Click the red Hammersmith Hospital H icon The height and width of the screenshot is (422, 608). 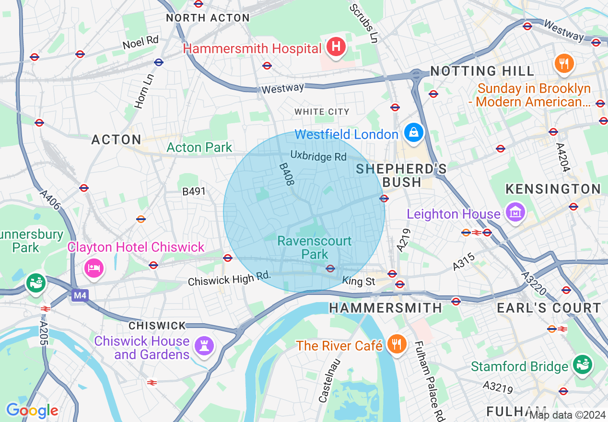point(336,47)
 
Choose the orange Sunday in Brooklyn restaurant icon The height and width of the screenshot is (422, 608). point(564,64)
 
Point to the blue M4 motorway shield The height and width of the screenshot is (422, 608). point(80,296)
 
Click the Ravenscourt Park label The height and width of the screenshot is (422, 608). point(315,247)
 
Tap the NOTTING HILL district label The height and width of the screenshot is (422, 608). point(482,71)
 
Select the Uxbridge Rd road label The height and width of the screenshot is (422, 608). point(318,156)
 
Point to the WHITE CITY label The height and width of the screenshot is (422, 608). point(322,112)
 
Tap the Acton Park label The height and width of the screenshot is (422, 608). point(199,148)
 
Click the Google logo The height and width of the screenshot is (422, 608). point(32,410)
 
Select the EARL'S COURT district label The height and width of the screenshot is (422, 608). point(549,308)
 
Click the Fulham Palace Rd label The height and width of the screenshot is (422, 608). point(429,381)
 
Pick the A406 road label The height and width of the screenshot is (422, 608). point(50,200)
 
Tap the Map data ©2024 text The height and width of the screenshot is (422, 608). point(568,415)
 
